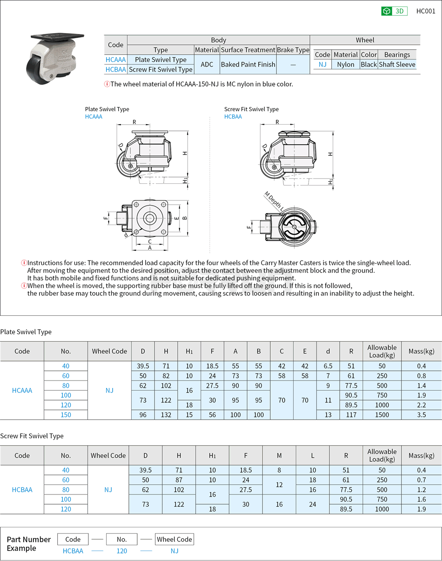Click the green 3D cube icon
click(x=387, y=11)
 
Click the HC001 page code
click(x=425, y=11)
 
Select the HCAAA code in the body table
click(x=115, y=60)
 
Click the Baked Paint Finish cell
click(x=248, y=65)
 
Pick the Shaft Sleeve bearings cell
click(x=397, y=65)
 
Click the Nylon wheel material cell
click(x=346, y=65)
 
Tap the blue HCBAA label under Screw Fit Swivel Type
click(x=233, y=117)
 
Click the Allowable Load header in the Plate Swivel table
click(x=382, y=351)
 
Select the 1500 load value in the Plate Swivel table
click(x=382, y=414)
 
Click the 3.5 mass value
click(x=422, y=414)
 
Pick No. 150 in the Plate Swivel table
click(x=66, y=414)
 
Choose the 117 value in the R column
click(x=351, y=414)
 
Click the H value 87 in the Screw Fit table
click(x=179, y=480)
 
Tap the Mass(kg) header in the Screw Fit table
click(x=422, y=455)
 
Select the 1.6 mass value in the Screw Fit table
click(x=422, y=499)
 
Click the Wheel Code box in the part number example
click(x=174, y=539)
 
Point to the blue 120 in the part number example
click(x=122, y=551)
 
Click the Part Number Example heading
click(x=28, y=544)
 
